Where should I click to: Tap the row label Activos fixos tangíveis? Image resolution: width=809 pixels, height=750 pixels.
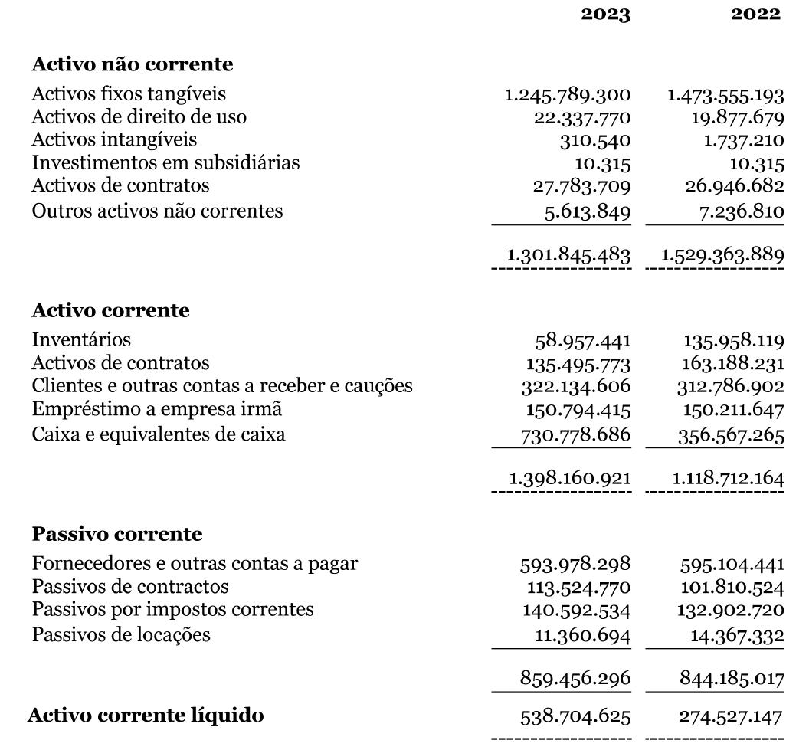129,95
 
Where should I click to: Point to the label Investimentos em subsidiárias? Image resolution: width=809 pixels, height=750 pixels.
165,163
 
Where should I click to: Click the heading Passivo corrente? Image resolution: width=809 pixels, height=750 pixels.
117,532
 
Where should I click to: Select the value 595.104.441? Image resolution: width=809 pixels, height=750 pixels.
732,566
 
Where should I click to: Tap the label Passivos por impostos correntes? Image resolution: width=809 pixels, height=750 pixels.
174,611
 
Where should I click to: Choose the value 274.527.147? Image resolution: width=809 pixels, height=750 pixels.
731,718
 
